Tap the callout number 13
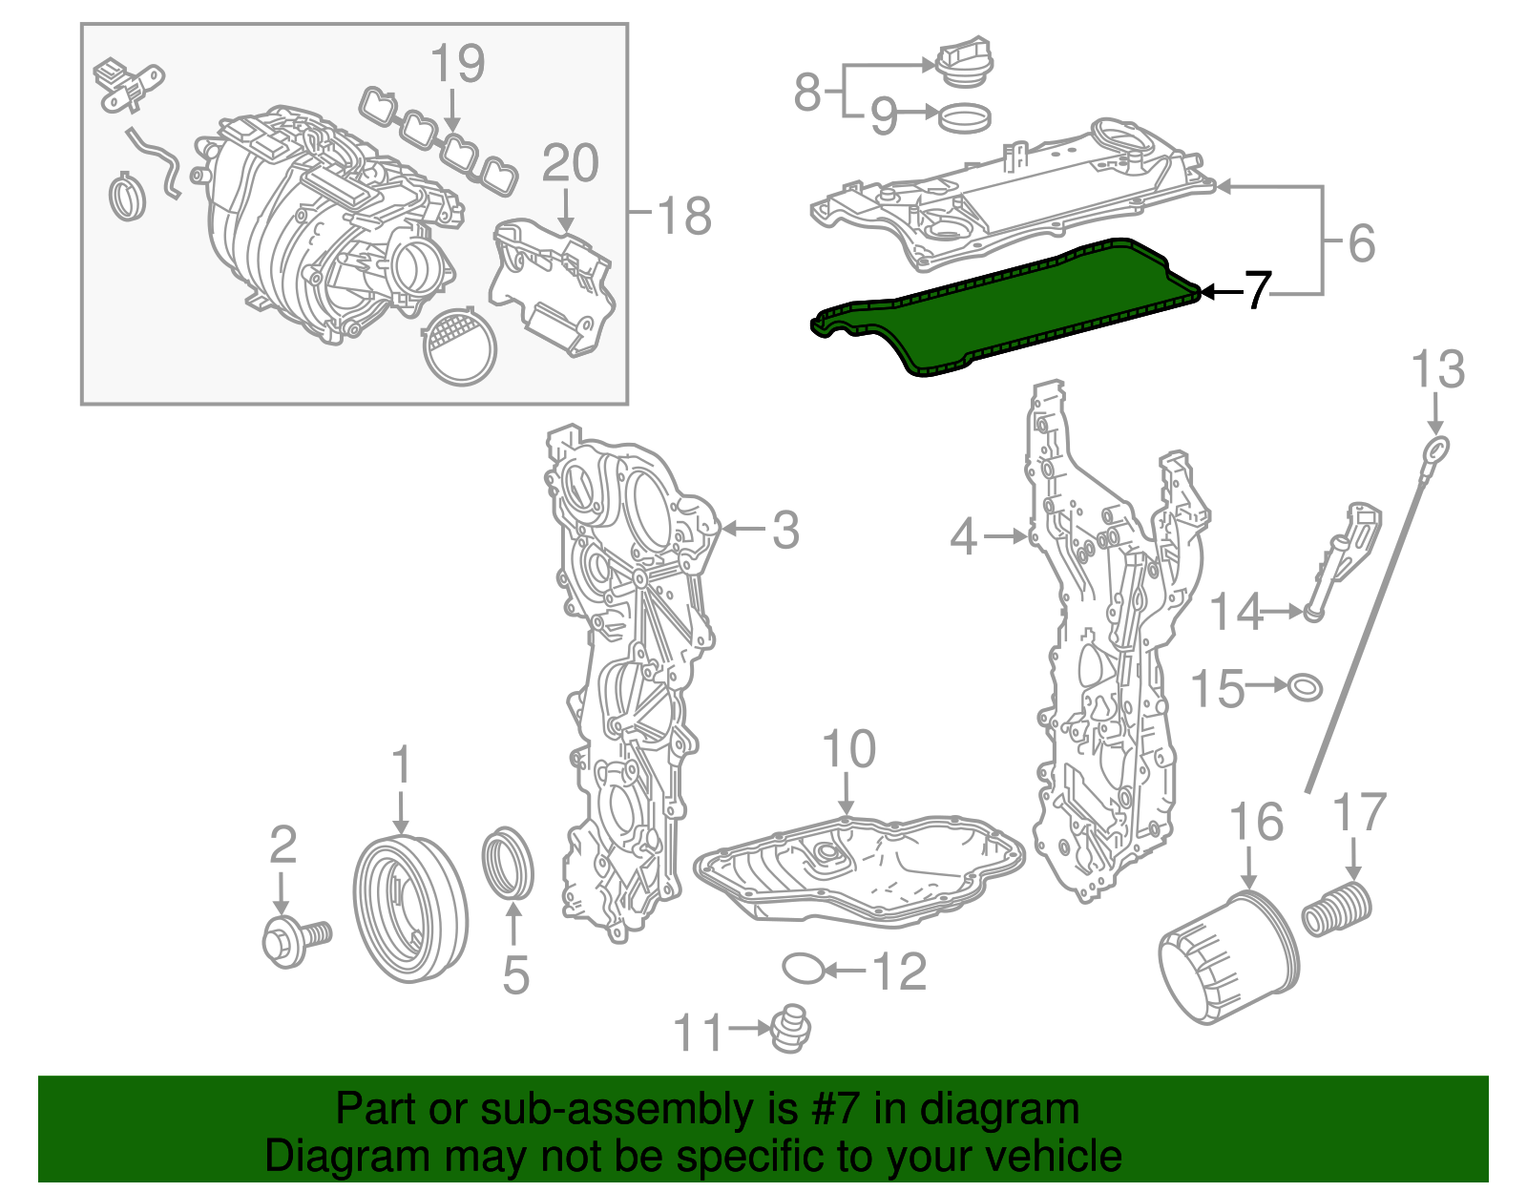coord(1437,371)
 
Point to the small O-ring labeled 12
coord(803,968)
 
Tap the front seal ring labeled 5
coord(507,864)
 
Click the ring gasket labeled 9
coord(965,119)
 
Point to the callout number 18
coord(685,217)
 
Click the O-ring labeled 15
coord(1305,686)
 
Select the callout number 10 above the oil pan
coord(848,750)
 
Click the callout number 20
coord(570,164)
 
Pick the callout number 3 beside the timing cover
coord(784,531)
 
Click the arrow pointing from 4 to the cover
coord(1005,537)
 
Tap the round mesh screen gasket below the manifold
coord(459,345)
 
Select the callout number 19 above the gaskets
coord(457,64)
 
